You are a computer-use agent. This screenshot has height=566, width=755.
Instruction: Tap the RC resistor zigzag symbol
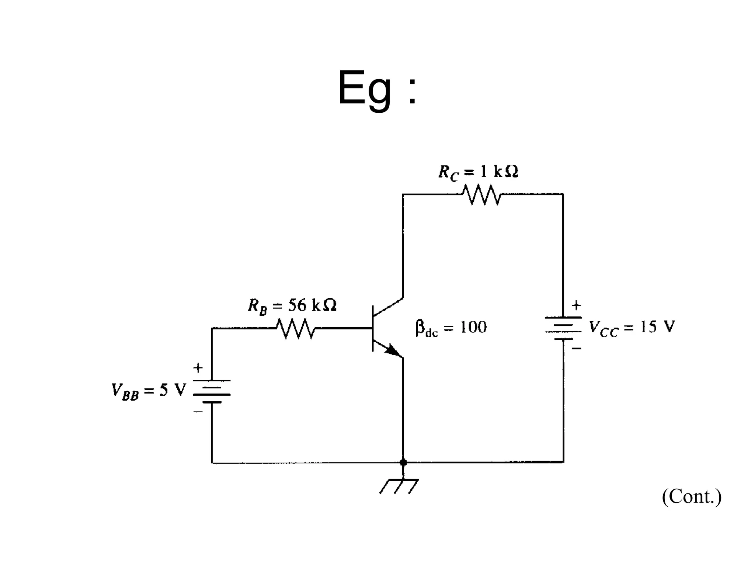tap(482, 194)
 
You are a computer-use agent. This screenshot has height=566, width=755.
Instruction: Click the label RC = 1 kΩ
tap(478, 172)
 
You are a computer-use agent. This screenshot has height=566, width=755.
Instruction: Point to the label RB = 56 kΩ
tap(292, 306)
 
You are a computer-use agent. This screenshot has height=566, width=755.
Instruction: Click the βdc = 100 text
tap(450, 328)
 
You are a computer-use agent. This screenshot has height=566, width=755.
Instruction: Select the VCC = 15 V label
tap(632, 328)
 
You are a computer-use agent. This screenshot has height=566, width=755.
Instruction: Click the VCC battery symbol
tap(563, 328)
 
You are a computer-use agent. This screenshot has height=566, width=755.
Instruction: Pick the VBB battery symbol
tap(212, 391)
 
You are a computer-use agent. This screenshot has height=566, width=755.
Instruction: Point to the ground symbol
tap(400, 486)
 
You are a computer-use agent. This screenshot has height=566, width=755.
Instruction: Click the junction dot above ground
tap(403, 462)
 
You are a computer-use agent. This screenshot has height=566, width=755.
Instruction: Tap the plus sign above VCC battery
tap(576, 305)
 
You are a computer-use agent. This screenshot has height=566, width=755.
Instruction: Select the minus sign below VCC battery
tap(577, 348)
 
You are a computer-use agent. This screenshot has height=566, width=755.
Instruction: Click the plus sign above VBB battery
tap(198, 368)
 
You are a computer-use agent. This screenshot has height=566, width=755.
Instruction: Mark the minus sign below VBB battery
tap(198, 412)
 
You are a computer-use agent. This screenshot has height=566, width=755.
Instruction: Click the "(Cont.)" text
tap(692, 496)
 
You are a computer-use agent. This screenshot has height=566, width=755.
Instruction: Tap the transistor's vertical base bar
tap(373, 328)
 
